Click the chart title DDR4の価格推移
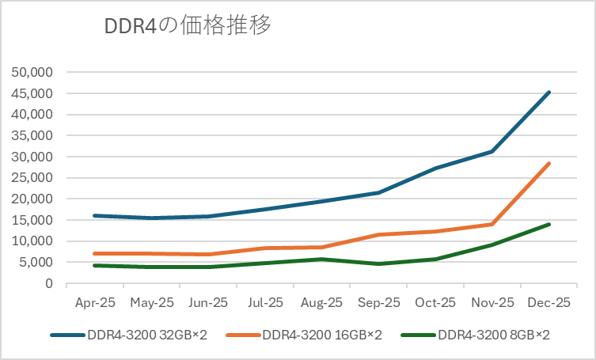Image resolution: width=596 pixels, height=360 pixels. [x=188, y=25]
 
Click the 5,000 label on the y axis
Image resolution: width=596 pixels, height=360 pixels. [x=34, y=262]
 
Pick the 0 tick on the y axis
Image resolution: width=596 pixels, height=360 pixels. [x=49, y=283]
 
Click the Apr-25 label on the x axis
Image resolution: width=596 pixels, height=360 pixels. [x=95, y=302]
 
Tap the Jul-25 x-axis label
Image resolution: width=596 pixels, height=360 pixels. [x=265, y=302]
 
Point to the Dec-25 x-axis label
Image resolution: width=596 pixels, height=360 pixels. [x=549, y=302]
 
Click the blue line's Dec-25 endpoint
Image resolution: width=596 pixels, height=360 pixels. [x=549, y=93]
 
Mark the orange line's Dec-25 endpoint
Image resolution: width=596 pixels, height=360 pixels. [x=549, y=164]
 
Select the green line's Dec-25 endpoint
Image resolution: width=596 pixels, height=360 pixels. [x=549, y=225]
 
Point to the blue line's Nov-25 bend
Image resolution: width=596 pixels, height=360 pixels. [x=492, y=151]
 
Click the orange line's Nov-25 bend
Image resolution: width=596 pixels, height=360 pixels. [x=492, y=224]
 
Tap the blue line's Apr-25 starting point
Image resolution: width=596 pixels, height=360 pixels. [x=95, y=215]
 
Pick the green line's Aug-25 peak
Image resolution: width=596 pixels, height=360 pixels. [x=322, y=259]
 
